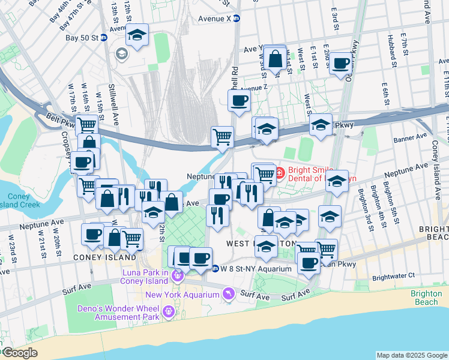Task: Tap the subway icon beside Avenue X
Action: click(x=237, y=19)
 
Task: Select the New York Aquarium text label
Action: click(x=183, y=295)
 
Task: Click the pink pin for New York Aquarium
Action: click(x=228, y=294)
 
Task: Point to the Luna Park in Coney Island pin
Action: click(x=177, y=275)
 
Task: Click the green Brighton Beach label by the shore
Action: click(x=427, y=298)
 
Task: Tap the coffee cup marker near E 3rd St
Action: click(x=341, y=62)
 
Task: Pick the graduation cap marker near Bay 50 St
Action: click(x=137, y=35)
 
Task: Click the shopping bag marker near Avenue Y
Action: click(x=275, y=59)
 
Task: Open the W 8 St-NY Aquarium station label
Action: click(x=256, y=268)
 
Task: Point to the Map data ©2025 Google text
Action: click(x=411, y=355)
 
